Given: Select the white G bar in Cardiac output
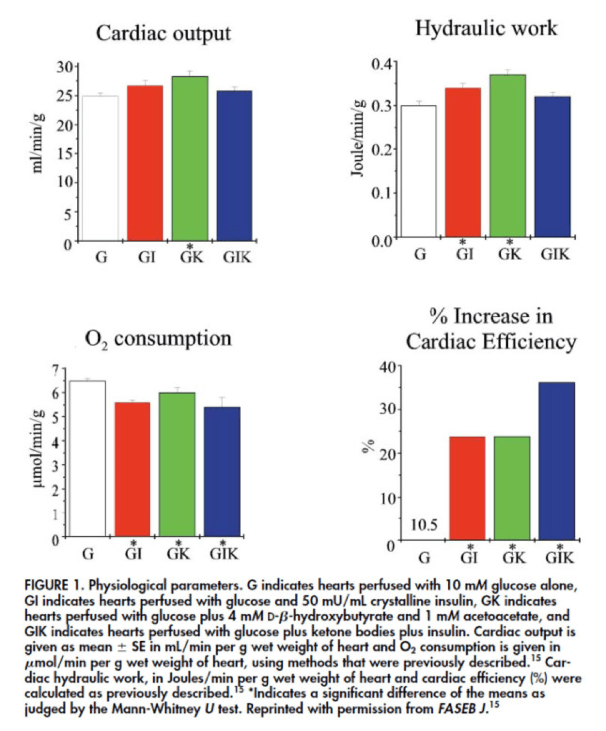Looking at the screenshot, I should [101, 168].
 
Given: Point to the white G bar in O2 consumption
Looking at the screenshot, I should [88, 459].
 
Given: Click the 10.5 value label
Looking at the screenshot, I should [424, 525].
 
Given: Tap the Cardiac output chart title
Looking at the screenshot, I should [163, 33].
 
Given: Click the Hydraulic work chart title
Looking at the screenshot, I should [486, 28].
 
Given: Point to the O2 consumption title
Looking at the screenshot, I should [158, 339].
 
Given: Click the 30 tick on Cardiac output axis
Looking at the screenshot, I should [65, 67].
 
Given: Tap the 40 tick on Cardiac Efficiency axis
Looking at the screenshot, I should [389, 367].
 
